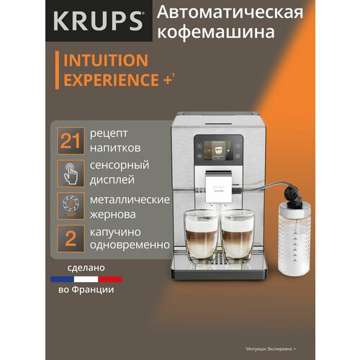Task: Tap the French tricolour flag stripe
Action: click(86, 278)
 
